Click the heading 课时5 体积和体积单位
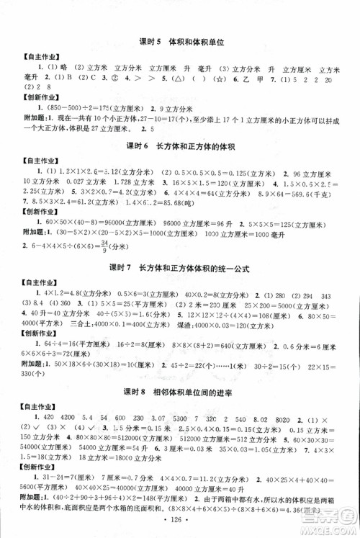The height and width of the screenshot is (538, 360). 181,42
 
